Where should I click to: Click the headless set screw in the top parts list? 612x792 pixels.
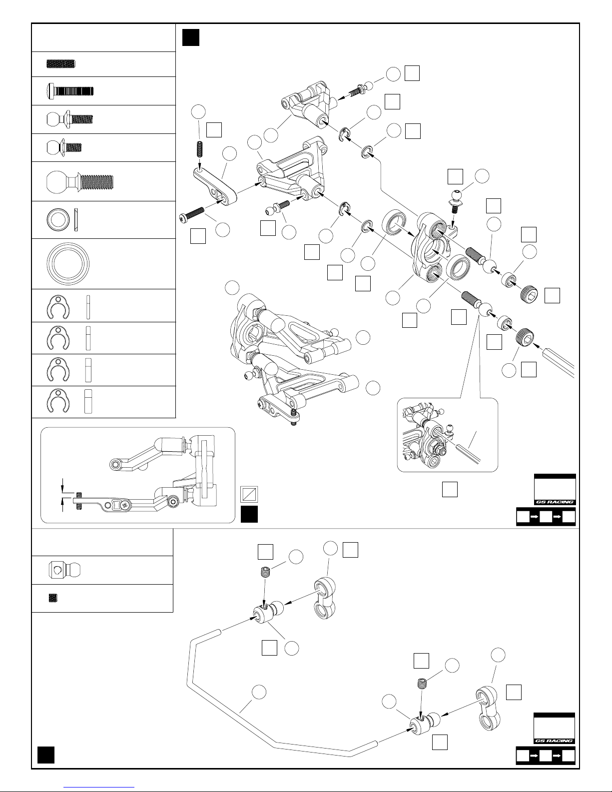pos(61,64)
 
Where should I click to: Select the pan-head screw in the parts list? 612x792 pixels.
pos(70,91)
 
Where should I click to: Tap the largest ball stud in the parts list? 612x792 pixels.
pos(80,181)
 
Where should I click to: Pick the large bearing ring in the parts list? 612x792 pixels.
pos(68,263)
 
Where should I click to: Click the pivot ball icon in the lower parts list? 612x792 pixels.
pos(65,570)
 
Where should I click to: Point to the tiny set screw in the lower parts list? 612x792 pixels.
pos(53,598)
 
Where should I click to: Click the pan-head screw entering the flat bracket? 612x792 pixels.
pos(192,213)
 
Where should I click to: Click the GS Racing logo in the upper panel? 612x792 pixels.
pos(555,502)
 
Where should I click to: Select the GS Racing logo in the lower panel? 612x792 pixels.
pos(554,741)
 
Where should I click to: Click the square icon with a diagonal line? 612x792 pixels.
pos(249,495)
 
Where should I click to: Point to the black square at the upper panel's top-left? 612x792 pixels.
pos(191,37)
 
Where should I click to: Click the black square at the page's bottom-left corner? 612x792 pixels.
pos(46,755)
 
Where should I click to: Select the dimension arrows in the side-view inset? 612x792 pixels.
pos(62,495)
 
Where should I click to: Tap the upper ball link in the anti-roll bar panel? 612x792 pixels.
pos(325,599)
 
